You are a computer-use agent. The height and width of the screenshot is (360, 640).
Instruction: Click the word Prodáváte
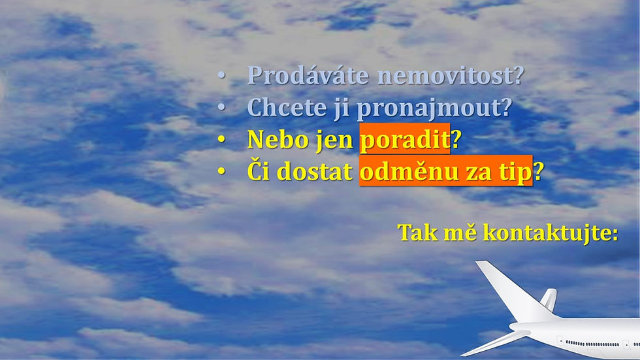click(x=308, y=75)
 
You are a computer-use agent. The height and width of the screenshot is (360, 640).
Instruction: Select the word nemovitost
click(x=445, y=76)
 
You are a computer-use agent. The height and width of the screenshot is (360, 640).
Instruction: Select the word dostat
click(x=316, y=171)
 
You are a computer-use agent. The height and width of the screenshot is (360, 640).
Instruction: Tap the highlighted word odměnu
click(x=409, y=171)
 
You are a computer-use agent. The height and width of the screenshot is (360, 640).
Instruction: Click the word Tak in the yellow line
click(x=417, y=232)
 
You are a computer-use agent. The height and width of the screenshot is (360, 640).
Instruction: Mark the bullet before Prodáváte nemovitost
click(x=221, y=76)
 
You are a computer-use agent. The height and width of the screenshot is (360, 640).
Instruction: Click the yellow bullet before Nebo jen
click(x=221, y=140)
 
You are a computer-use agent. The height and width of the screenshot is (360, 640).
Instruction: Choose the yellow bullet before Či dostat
click(x=221, y=171)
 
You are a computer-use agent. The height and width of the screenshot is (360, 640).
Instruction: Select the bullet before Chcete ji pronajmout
click(x=221, y=107)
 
